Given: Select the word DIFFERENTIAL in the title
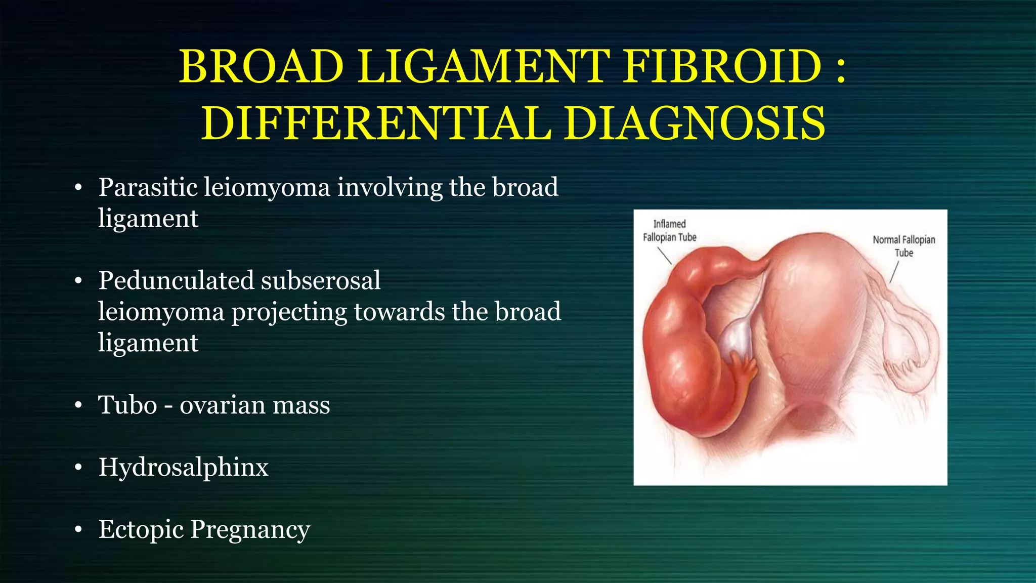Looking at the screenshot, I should tap(376, 123).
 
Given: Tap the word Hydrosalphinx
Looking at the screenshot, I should tap(183, 467).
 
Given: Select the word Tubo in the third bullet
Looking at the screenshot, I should tap(127, 405).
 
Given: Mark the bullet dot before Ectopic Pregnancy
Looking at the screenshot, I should tap(78, 530).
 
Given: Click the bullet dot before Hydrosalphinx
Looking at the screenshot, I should tap(78, 468).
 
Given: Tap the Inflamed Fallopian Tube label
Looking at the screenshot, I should tap(669, 231).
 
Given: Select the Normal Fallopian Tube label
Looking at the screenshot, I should tap(903, 246).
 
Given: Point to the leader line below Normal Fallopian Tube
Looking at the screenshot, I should tap(894, 272).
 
